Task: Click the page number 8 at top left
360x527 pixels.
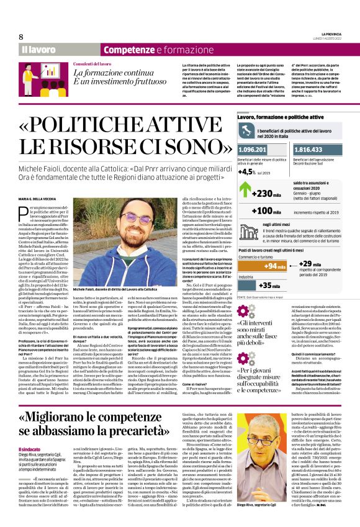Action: click(21, 36)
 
